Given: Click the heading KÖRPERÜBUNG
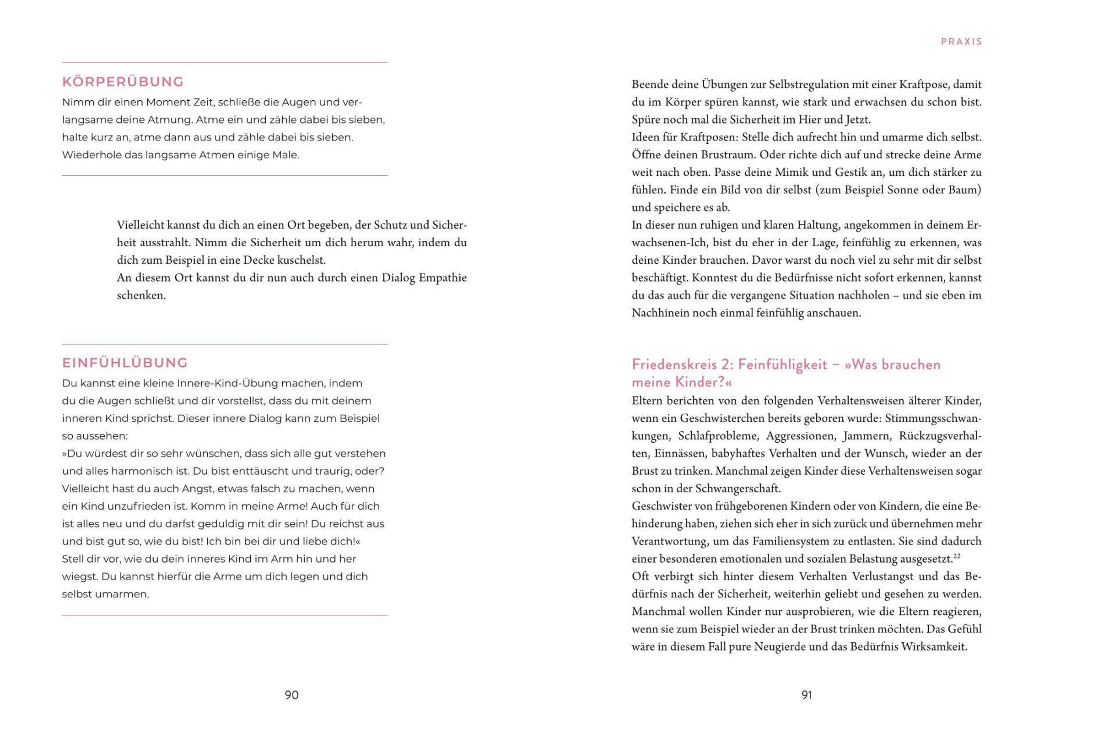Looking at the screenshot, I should click(123, 82).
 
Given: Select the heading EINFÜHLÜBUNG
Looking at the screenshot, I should click(124, 363).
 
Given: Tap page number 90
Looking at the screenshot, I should click(291, 695).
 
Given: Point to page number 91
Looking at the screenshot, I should click(807, 695).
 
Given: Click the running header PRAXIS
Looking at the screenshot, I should click(961, 42).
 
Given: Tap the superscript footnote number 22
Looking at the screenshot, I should click(957, 556).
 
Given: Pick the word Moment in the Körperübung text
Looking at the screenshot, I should click(167, 102).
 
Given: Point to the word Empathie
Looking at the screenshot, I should click(442, 278).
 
